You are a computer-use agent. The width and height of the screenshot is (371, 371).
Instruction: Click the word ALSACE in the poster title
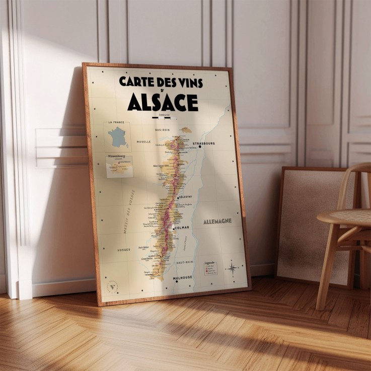click(x=163, y=102)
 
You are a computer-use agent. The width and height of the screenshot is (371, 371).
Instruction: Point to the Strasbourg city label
click(x=203, y=143)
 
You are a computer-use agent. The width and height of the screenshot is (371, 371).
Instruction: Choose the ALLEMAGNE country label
click(x=217, y=221)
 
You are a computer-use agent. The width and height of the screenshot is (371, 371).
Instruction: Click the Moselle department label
click(x=143, y=142)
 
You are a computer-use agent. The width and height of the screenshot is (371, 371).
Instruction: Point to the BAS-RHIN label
click(x=163, y=130)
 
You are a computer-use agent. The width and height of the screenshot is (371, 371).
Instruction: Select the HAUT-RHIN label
click(x=185, y=262)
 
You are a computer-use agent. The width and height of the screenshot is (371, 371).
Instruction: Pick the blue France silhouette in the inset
click(x=119, y=137)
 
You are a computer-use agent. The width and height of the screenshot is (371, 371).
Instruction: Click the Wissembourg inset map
click(x=120, y=167)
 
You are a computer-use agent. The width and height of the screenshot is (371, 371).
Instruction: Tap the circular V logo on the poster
click(x=113, y=288)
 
